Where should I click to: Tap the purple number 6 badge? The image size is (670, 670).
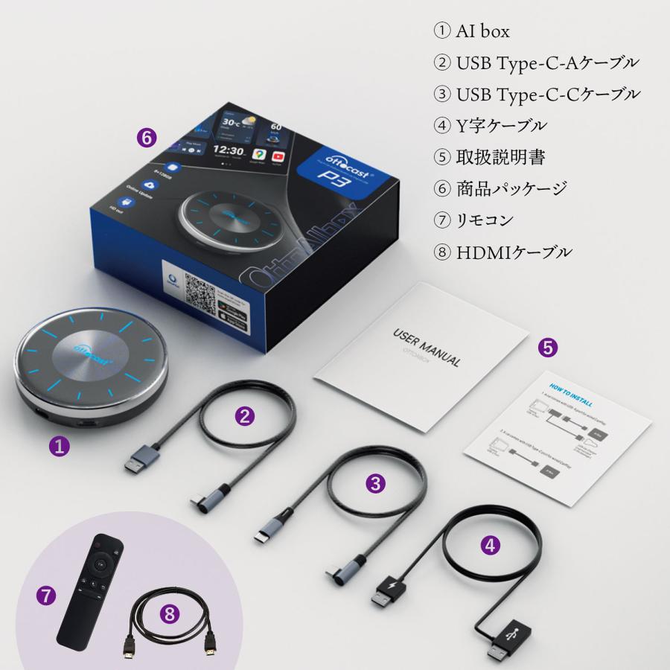coord(148,138)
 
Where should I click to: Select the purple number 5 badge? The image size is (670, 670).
coord(548,346)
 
